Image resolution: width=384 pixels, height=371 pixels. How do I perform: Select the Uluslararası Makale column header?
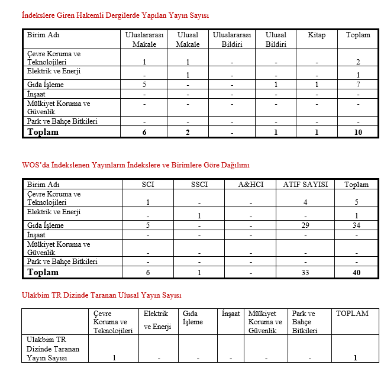coord(144,40)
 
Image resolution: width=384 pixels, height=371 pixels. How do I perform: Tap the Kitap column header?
coord(317,36)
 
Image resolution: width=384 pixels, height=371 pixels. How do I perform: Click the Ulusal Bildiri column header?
coord(276,40)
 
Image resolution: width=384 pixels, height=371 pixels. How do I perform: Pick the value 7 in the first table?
coord(358,85)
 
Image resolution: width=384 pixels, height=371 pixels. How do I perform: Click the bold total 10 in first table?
coord(358,132)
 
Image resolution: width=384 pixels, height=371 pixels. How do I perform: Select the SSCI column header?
coord(199,185)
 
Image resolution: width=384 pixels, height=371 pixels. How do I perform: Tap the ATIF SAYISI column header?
coord(305,185)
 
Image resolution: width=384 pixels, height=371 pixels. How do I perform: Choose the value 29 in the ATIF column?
coord(305,226)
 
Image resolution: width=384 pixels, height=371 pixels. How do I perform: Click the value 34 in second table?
coord(356,226)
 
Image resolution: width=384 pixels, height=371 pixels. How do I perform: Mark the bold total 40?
coord(356,273)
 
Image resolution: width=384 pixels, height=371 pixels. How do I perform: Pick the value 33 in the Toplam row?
coord(305,273)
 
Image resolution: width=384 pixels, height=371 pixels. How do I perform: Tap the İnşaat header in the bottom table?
coord(230,314)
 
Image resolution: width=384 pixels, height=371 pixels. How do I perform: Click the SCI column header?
coord(148,185)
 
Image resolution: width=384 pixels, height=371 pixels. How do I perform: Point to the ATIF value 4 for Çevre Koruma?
coord(305,202)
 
